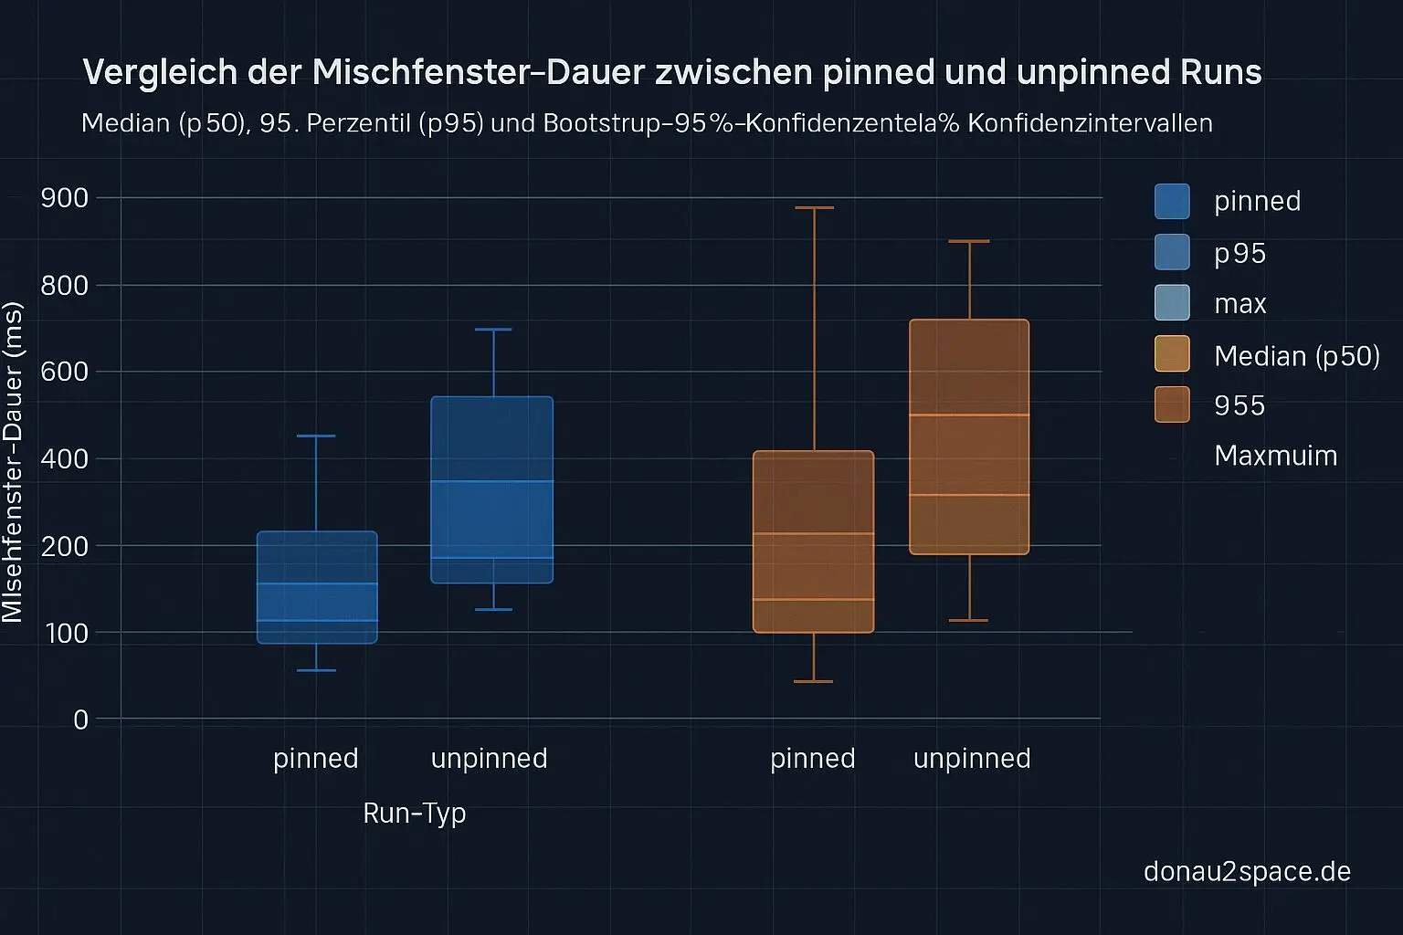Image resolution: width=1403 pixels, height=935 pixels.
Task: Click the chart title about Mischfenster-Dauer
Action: [x=671, y=72]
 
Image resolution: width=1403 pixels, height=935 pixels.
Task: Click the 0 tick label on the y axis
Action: [x=80, y=720]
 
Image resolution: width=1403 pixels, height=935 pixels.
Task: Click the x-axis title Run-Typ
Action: [x=414, y=813]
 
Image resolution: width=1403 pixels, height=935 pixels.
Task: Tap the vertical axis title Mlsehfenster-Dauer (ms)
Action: [x=13, y=464]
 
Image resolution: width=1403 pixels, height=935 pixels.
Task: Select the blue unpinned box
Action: [x=492, y=489]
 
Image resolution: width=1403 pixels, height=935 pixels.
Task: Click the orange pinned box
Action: [x=813, y=541]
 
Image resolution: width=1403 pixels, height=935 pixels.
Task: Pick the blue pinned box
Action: [x=317, y=587]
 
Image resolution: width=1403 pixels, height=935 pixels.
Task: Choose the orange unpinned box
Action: [x=969, y=436]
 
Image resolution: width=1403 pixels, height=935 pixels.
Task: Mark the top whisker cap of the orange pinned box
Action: [x=813, y=208]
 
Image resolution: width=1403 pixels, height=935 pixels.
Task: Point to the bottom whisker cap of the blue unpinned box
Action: [x=493, y=609]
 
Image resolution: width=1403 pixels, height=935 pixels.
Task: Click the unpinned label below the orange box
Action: [x=972, y=758]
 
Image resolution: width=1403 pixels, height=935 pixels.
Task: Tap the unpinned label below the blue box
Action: [x=489, y=758]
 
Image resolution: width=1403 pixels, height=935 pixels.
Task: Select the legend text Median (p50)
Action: [x=1296, y=355]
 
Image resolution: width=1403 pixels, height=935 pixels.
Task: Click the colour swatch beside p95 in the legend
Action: [x=1172, y=252]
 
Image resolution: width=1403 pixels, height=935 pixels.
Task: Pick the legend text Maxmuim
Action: [x=1275, y=456]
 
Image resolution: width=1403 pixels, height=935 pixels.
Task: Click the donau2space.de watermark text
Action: [x=1247, y=871]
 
